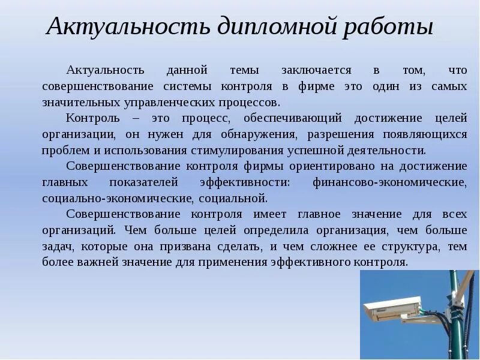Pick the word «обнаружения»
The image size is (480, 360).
(x=260, y=134)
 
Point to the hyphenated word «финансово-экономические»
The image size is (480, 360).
(x=389, y=182)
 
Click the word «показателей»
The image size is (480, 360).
(x=144, y=182)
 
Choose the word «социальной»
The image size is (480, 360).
(x=238, y=197)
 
